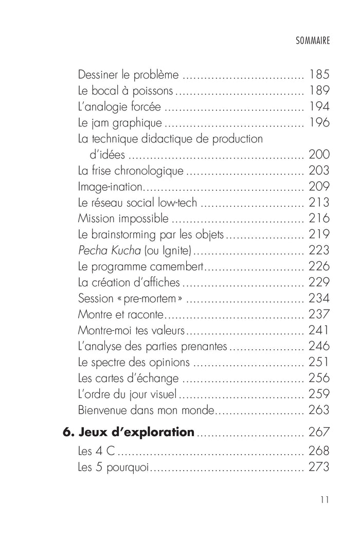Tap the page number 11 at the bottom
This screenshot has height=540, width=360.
pyautogui.click(x=323, y=499)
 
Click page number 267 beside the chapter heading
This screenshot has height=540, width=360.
pyautogui.click(x=319, y=433)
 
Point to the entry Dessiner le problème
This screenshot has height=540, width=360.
pyautogui.click(x=129, y=75)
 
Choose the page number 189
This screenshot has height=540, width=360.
pyautogui.click(x=319, y=91)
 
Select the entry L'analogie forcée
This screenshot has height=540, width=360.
pyautogui.click(x=120, y=107)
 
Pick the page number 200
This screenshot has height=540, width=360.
pyautogui.click(x=319, y=155)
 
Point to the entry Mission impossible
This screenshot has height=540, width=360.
pyautogui.click(x=123, y=219)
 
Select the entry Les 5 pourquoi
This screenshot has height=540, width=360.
pyautogui.click(x=113, y=467)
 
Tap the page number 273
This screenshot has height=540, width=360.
pyautogui.click(x=319, y=467)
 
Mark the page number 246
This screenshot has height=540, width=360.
pyautogui.click(x=319, y=346)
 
